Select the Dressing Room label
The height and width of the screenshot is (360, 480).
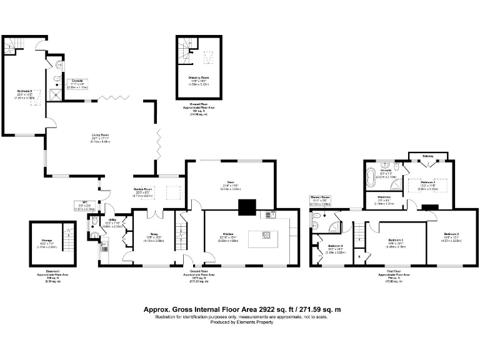[200, 77]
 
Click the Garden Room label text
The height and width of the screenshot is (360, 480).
[144, 189]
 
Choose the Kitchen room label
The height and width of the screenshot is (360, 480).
[227, 235]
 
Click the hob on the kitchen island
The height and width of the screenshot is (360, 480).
[265, 236]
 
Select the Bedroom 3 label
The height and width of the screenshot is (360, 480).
[395, 241]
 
